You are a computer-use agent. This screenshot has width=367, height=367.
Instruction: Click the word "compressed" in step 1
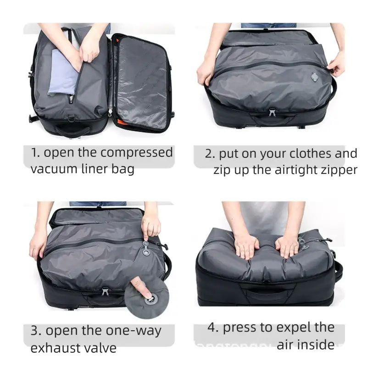click(x=137, y=153)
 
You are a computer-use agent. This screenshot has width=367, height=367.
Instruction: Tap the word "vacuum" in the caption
click(x=54, y=169)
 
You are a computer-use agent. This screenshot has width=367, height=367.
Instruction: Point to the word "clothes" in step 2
click(x=311, y=154)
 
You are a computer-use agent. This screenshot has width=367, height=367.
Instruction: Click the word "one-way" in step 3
click(x=133, y=331)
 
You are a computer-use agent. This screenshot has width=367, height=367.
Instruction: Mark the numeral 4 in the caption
click(x=211, y=327)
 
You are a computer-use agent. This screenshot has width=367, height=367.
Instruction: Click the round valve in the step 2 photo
click(x=315, y=76)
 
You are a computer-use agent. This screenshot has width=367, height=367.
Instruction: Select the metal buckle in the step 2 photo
click(x=272, y=112)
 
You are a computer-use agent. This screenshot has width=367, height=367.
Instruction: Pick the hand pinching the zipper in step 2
click(x=335, y=64)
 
